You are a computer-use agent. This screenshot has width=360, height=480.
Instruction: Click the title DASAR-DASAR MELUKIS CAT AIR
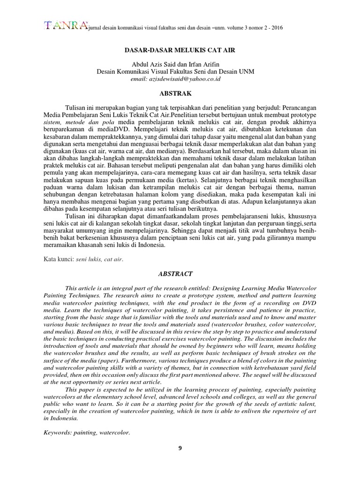click(x=180, y=48)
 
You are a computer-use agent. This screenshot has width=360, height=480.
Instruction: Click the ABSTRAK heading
click(x=180, y=93)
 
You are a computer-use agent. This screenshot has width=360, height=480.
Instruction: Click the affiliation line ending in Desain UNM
click(x=180, y=72)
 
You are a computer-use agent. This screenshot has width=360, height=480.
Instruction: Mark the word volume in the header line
click(x=225, y=28)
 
